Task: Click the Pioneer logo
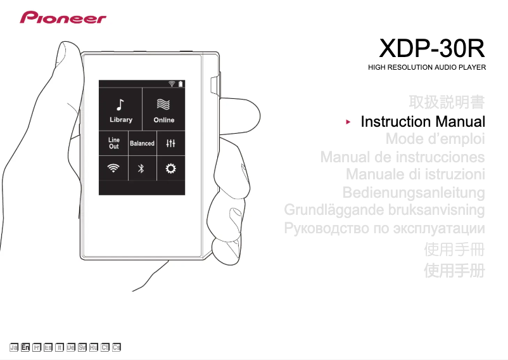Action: tap(63, 17)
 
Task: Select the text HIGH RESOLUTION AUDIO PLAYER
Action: tap(427, 67)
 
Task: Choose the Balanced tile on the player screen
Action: tap(142, 143)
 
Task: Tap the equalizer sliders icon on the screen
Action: tap(170, 143)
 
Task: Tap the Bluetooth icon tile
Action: tap(142, 168)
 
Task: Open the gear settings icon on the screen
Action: tap(170, 168)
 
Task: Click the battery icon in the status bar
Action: tap(181, 84)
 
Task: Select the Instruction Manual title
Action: tap(422, 122)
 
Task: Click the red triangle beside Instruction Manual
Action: tap(348, 120)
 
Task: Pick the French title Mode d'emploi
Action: tap(435, 139)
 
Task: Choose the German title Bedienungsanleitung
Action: tap(414, 191)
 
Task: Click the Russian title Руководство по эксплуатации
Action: tap(385, 228)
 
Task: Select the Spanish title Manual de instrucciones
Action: tap(402, 157)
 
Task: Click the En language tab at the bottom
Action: tap(25, 347)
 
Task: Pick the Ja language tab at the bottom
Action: tap(13, 347)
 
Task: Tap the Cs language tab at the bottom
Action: tap(117, 347)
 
